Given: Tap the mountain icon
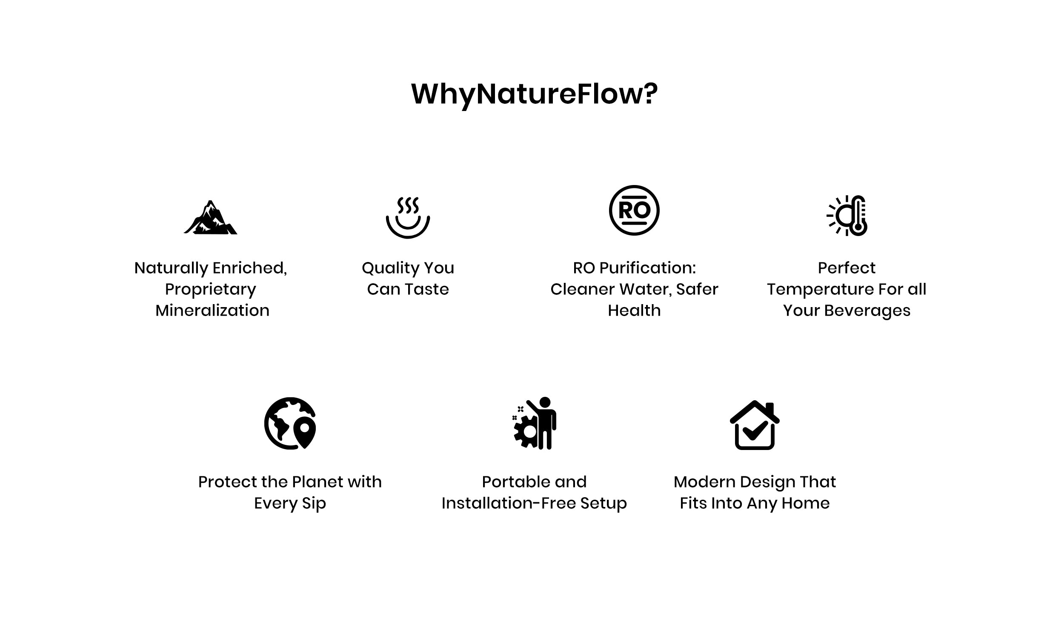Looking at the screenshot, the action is (x=210, y=217).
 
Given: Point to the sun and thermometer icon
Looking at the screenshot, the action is (x=847, y=216).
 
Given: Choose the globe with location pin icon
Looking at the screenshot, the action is (x=290, y=424).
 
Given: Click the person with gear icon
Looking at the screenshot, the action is (x=534, y=424).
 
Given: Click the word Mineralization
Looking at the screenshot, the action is (x=212, y=310).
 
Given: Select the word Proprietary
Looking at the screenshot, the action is (x=210, y=290).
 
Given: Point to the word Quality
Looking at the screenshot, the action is (x=391, y=268).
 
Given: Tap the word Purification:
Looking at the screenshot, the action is (x=648, y=268).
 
